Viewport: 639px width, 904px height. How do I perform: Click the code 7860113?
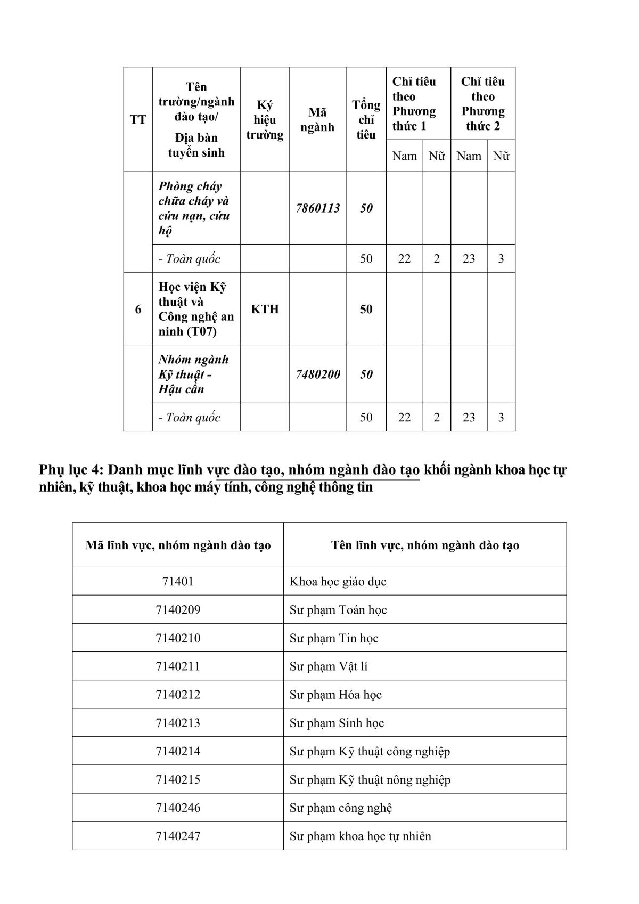[x=317, y=208]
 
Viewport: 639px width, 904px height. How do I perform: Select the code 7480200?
[x=317, y=374]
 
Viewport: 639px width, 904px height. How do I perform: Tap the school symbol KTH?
[x=265, y=309]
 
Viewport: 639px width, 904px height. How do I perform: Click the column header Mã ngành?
[x=317, y=119]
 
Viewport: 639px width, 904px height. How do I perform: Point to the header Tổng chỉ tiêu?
[x=366, y=119]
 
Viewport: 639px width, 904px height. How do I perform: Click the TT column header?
[x=138, y=119]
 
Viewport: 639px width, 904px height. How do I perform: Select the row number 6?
[x=138, y=309]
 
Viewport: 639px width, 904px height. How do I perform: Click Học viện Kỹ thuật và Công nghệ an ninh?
[x=196, y=309]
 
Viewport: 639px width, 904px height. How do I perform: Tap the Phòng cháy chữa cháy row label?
[x=194, y=208]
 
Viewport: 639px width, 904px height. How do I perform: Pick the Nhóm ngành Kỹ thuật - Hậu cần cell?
[x=194, y=374]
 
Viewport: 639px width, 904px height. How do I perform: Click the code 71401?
[x=178, y=581]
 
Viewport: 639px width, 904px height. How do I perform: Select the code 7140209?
[x=178, y=609]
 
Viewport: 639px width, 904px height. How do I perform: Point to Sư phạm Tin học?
[x=334, y=638]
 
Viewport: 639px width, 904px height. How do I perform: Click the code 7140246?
[x=178, y=808]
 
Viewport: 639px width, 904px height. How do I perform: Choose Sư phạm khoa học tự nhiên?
[x=360, y=836]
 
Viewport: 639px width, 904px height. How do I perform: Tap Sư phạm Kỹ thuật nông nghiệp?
[x=370, y=779]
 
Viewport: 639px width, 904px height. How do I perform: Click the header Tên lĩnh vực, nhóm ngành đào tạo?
[x=424, y=545]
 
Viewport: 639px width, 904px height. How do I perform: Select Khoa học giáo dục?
[x=338, y=581]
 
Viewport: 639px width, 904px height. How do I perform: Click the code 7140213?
[x=178, y=723]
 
